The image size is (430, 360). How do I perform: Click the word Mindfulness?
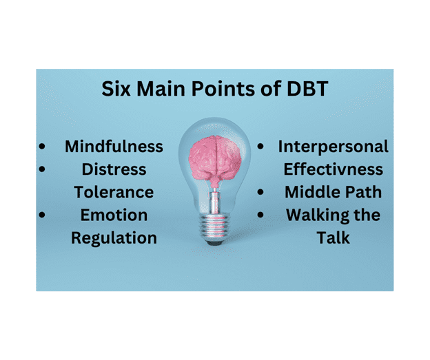tap(114, 147)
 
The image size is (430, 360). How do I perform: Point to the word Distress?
tap(114, 169)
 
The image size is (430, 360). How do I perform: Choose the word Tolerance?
tap(114, 191)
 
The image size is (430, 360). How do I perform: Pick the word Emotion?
tap(114, 215)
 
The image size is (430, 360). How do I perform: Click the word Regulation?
tap(114, 237)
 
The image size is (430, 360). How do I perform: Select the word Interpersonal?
tap(333, 147)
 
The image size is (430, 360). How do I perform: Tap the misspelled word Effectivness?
tap(334, 169)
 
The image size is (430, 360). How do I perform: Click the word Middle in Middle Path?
tap(306, 191)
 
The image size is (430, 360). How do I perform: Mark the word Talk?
tap(333, 237)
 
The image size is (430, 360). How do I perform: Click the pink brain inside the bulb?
tap(214, 155)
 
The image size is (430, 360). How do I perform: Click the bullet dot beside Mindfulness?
tap(43, 147)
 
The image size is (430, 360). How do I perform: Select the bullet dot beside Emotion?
tap(43, 215)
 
